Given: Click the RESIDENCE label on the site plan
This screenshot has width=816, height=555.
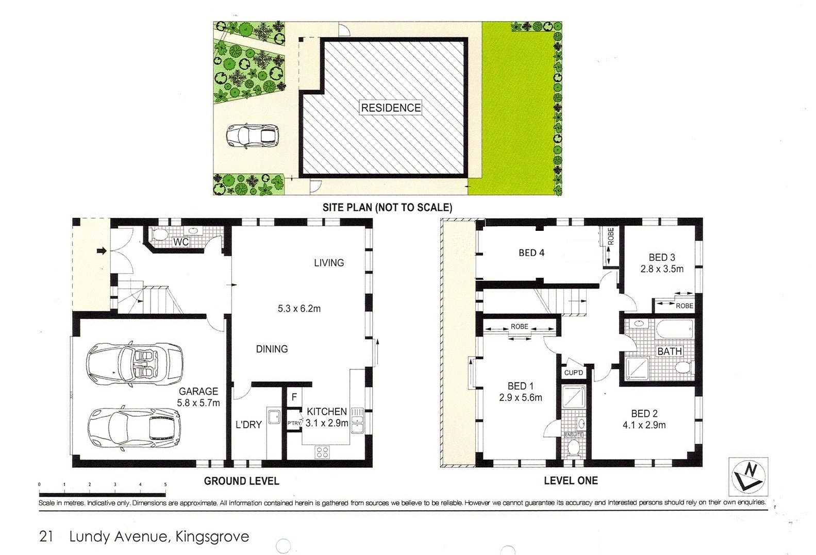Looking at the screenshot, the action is (x=391, y=108).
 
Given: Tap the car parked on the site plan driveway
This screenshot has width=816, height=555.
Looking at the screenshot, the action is (x=253, y=136).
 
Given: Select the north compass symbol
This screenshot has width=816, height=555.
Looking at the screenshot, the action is (x=748, y=476).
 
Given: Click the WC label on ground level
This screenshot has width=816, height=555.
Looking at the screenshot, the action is (x=181, y=242).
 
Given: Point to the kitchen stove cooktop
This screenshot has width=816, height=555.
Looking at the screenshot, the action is (x=322, y=452).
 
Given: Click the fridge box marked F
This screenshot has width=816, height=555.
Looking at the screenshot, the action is (x=294, y=397).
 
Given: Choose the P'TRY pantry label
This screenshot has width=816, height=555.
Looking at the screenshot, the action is (x=294, y=423).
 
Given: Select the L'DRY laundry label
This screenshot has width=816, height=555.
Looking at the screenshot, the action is (x=248, y=425).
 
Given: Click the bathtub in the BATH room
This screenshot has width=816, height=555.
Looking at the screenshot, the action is (x=674, y=329).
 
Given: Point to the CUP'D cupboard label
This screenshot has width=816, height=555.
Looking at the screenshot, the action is (x=573, y=373).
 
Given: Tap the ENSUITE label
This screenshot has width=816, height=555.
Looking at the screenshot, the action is (x=574, y=434).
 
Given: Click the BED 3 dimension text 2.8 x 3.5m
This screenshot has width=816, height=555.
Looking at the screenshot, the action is (x=662, y=269).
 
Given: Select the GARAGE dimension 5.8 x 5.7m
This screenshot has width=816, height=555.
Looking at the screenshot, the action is (x=198, y=403).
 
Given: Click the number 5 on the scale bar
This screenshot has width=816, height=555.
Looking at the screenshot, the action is (x=165, y=485).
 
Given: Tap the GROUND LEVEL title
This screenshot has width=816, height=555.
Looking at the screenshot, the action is (x=242, y=481).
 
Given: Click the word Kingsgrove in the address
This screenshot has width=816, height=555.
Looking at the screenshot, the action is (x=212, y=537).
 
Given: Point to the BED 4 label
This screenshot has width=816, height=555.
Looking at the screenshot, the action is (x=531, y=253).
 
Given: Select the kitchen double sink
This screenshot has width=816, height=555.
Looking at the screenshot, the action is (x=357, y=421).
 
